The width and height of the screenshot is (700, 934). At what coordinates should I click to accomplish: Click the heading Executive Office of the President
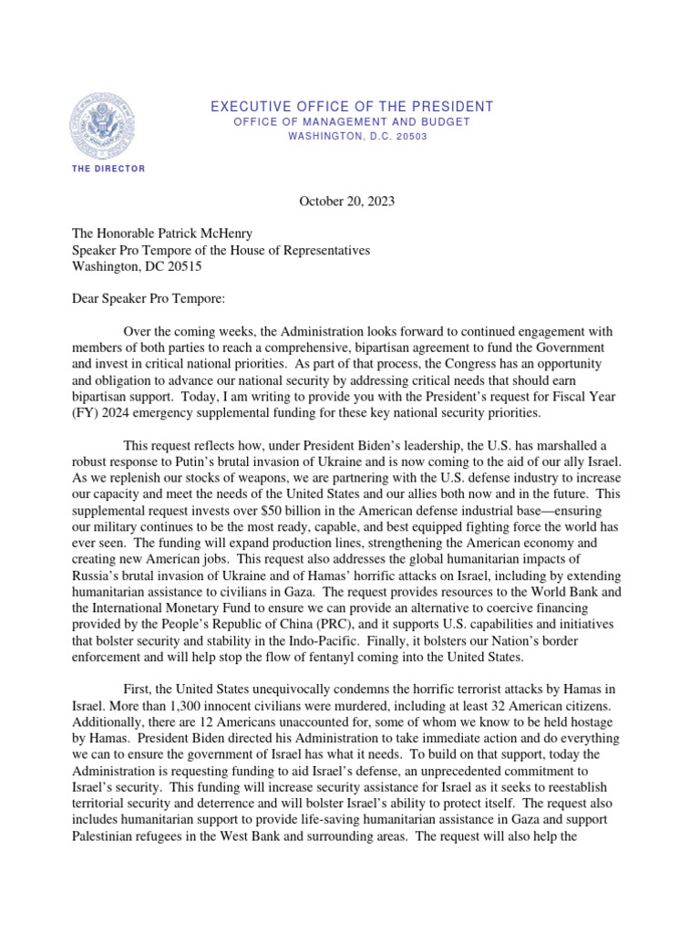pos(352,107)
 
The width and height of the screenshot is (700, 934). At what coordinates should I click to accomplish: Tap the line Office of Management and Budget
pos(352,122)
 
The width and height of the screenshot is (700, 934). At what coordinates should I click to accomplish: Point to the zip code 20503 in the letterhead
pos(408,136)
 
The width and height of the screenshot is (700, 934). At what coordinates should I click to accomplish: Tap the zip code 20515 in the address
pos(179,267)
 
